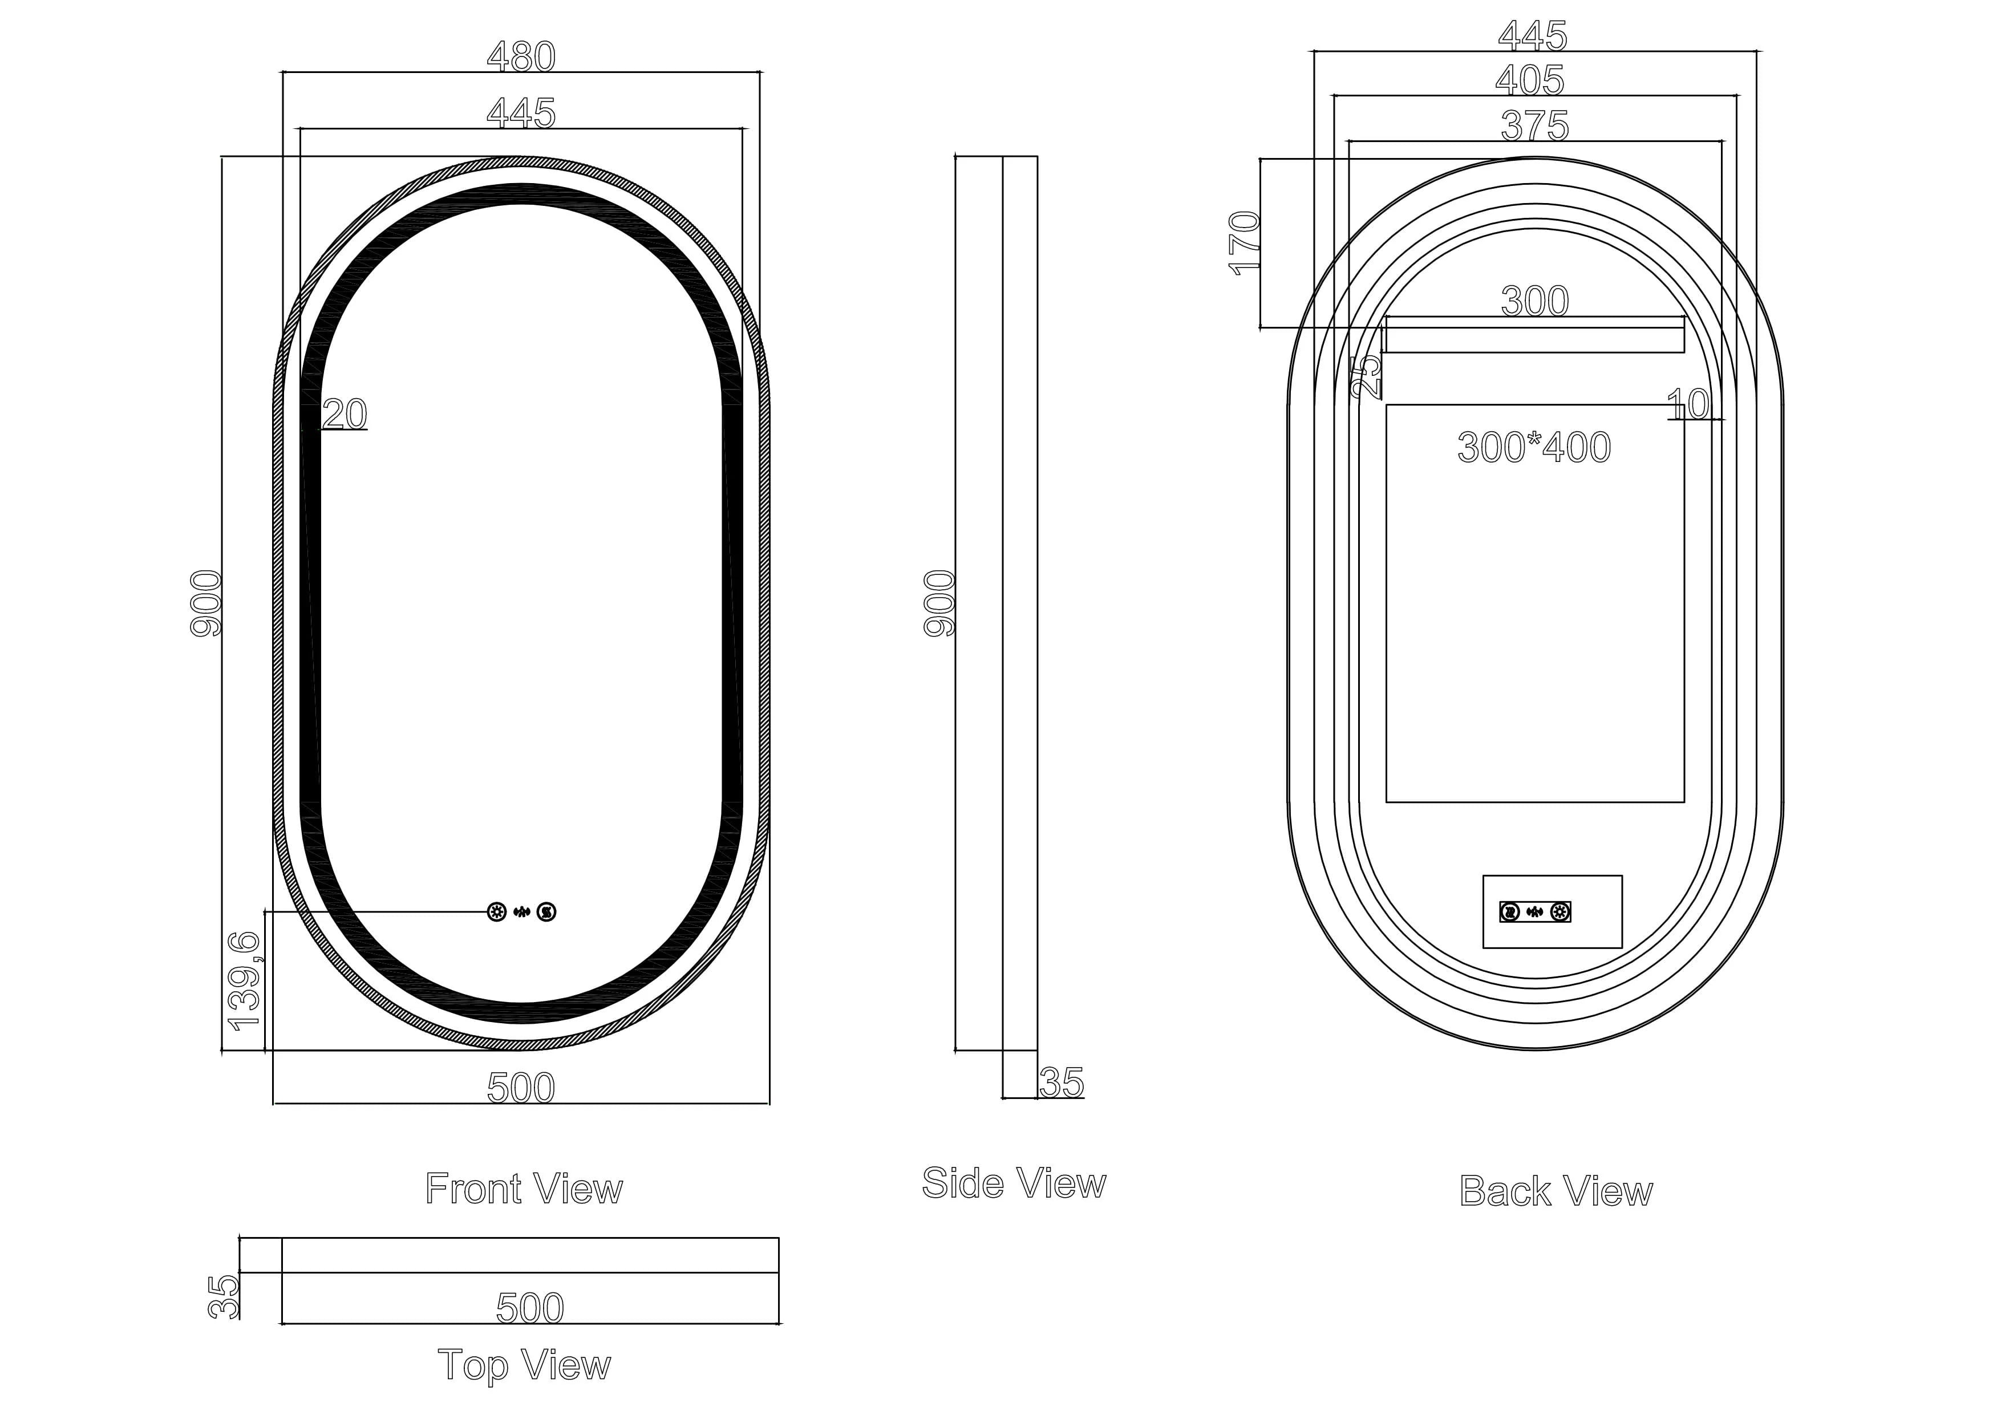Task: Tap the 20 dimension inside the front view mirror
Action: [x=345, y=414]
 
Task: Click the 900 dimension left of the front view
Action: [x=206, y=603]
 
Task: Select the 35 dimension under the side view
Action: [x=1062, y=1083]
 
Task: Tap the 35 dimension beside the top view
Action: [x=225, y=1296]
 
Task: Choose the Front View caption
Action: [x=524, y=1189]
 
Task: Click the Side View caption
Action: [x=1014, y=1183]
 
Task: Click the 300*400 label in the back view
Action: [x=1534, y=448]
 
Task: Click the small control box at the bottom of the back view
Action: [x=1552, y=911]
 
